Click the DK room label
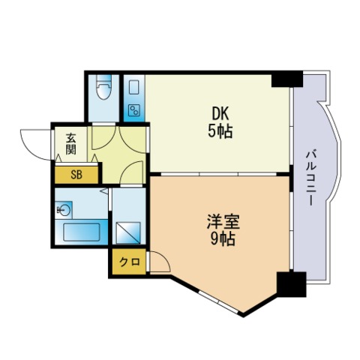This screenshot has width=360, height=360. coord(220,114)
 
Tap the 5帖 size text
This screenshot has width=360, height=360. coord(220,132)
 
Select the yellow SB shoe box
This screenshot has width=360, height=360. coord(76,175)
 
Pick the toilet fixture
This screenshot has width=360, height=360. coord(104,89)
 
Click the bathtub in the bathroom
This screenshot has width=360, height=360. coord(83,231)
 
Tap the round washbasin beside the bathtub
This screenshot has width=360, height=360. coord(65,210)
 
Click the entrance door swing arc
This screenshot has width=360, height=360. coord(34,141)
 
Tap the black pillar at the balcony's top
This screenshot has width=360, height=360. coord(286,79)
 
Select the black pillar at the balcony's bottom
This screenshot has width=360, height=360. coord(291,286)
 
